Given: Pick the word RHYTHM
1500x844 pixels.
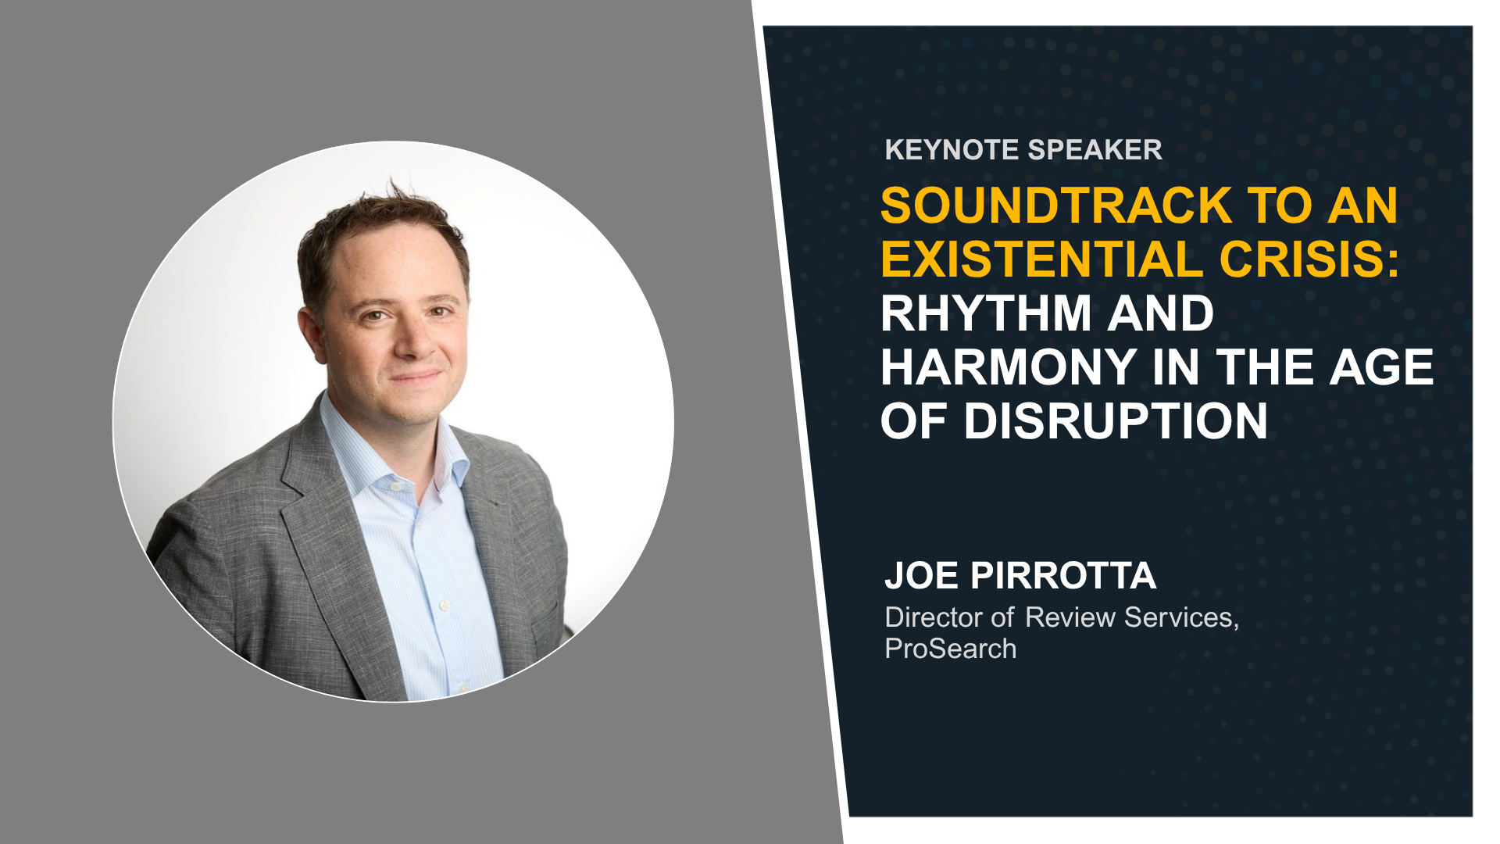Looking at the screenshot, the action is pyautogui.click(x=986, y=313).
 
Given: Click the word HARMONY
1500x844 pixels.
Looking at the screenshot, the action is pyautogui.click(x=1009, y=367).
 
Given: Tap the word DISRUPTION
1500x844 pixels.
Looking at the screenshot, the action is pyautogui.click(x=1115, y=421).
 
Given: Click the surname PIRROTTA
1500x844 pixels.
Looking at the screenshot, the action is pyautogui.click(x=1062, y=576).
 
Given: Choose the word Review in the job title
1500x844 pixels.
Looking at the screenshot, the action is pyautogui.click(x=1070, y=617).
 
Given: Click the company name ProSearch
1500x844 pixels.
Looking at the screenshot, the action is pyautogui.click(x=951, y=649).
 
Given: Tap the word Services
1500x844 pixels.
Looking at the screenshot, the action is pyautogui.click(x=1181, y=618).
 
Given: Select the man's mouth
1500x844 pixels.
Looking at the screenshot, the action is pyautogui.click(x=416, y=377).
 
